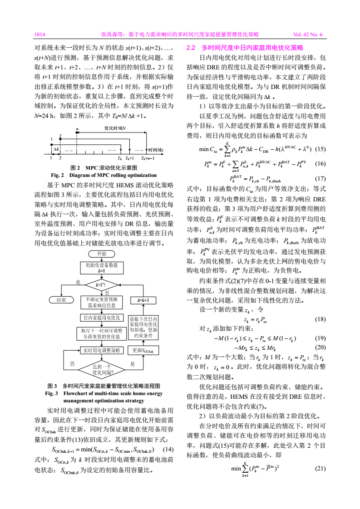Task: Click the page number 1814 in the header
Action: (40, 34)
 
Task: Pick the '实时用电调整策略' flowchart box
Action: (101, 350)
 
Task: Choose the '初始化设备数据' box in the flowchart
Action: (101, 267)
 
